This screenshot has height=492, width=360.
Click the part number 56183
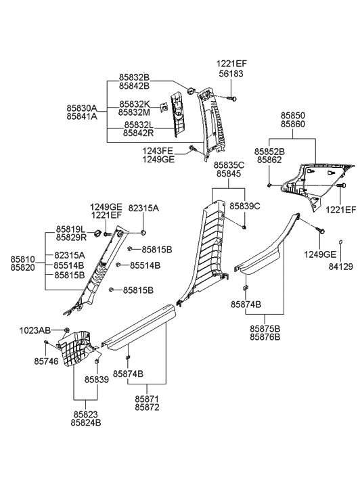[x=231, y=73]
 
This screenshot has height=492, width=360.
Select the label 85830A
[x=82, y=108]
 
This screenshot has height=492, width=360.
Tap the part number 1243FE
[x=158, y=151]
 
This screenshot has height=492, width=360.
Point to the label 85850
[x=293, y=116]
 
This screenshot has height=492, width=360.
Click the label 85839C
[x=245, y=206]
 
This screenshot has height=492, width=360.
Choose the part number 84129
[x=340, y=267]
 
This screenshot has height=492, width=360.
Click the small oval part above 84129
[x=340, y=242]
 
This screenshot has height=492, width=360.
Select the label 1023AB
[x=35, y=330]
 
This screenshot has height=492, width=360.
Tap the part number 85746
[x=46, y=361]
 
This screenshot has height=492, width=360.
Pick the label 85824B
[x=86, y=423]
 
